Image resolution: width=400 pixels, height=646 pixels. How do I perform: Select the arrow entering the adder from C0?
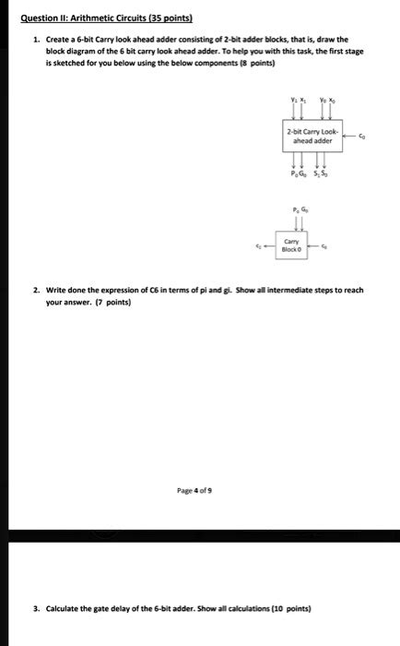tap(350, 133)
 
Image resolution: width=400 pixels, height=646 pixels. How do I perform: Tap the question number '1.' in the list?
tap(35, 40)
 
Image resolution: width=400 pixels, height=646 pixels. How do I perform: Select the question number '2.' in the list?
tap(35, 289)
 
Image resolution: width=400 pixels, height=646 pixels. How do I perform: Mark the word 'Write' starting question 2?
tap(56, 289)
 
